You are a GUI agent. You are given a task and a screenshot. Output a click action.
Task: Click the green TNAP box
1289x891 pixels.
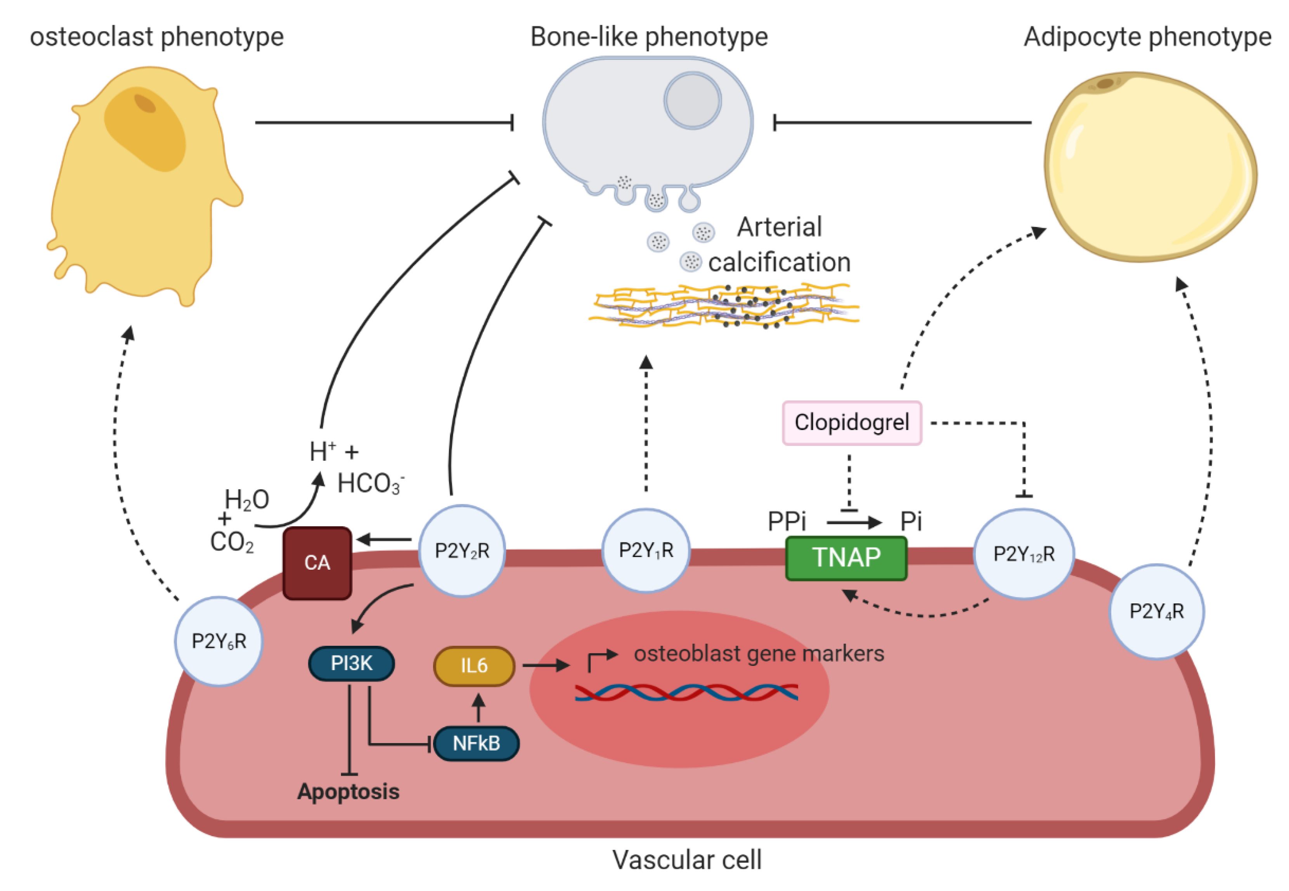click(x=846, y=558)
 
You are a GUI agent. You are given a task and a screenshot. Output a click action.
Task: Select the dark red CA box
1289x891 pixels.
click(x=317, y=563)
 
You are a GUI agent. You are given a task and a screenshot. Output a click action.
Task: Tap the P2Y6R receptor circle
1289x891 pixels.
click(x=219, y=641)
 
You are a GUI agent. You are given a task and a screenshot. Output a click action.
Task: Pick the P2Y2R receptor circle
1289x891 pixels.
click(x=462, y=550)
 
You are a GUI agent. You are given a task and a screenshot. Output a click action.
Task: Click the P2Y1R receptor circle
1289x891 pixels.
click(x=646, y=550)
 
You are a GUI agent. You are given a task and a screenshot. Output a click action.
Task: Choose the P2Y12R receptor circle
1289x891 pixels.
click(x=1024, y=554)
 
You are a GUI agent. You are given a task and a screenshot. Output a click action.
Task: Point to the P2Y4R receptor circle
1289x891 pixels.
click(x=1156, y=611)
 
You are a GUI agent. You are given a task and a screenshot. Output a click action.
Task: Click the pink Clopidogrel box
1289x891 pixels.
click(x=852, y=423)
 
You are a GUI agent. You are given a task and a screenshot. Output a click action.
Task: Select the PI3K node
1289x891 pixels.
click(x=352, y=663)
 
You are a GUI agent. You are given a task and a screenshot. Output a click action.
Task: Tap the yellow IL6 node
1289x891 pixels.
click(x=474, y=666)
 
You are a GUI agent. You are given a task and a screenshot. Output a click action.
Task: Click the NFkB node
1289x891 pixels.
click(x=476, y=744)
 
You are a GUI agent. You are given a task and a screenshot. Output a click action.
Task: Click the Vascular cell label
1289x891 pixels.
click(x=687, y=860)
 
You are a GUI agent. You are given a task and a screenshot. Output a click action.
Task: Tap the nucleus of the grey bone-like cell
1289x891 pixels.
click(x=692, y=101)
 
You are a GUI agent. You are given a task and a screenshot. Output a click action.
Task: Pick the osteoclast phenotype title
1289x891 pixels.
click(x=157, y=37)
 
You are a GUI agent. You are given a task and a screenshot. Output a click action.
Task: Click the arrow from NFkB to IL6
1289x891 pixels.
click(x=478, y=707)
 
